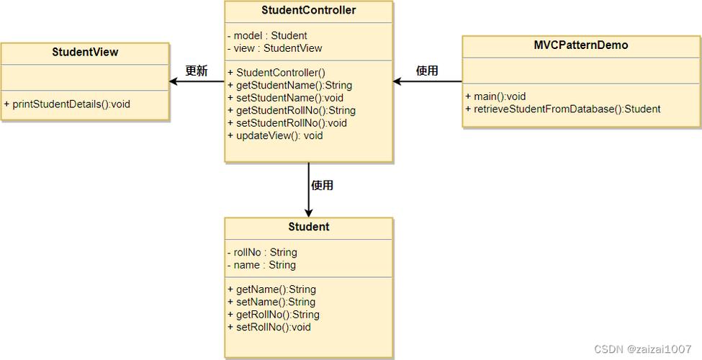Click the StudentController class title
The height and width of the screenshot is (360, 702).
coord(308,11)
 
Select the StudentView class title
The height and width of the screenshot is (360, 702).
coord(85,53)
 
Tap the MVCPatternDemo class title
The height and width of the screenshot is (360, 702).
coord(580,45)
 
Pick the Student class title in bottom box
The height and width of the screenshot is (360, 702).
coord(308,227)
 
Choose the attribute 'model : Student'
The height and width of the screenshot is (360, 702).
coord(267,35)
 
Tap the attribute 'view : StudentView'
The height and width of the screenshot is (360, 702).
coord(274,48)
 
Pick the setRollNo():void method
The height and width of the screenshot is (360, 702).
coord(269,327)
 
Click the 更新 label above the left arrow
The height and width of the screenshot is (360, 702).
coord(196,71)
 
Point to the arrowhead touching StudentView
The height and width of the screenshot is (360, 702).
coord(174,81)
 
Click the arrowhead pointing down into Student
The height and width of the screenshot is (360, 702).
coord(308,212)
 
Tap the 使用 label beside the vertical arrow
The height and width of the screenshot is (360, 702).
coord(322,186)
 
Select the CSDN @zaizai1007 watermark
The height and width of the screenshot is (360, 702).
coord(642,349)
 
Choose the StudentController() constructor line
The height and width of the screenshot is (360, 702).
coord(276,73)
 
